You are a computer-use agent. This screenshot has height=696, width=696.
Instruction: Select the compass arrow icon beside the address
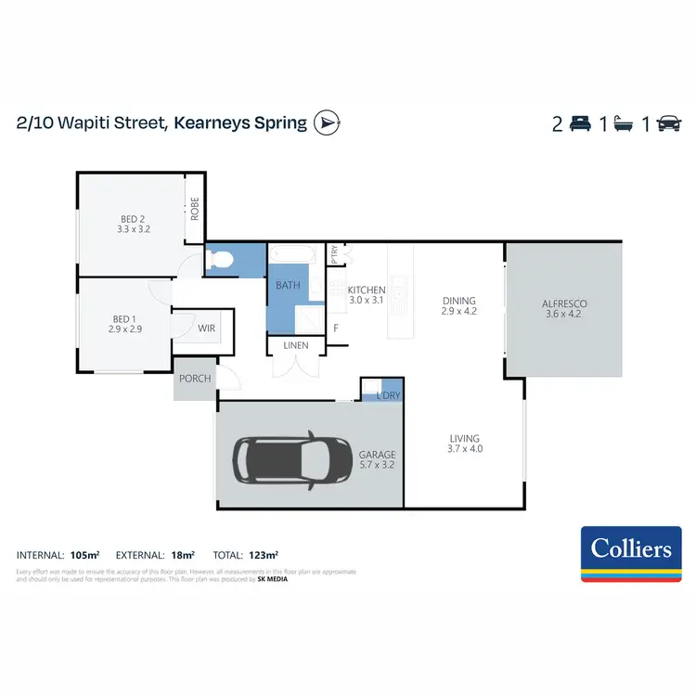(327, 122)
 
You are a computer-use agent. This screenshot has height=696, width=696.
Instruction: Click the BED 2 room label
(133, 219)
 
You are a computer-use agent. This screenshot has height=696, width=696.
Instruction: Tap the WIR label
(205, 329)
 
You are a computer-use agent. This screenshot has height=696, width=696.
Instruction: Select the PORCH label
(195, 379)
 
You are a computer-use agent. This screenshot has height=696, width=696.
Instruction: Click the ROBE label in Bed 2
(195, 208)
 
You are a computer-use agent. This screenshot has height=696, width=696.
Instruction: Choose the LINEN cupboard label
(295, 346)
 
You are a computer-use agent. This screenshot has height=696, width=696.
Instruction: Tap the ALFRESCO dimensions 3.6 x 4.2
(564, 315)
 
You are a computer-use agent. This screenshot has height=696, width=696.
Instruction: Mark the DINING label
(458, 301)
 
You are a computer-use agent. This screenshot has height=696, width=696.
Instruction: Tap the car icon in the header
(667, 123)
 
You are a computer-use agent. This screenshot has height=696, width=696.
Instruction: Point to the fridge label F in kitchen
(336, 328)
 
